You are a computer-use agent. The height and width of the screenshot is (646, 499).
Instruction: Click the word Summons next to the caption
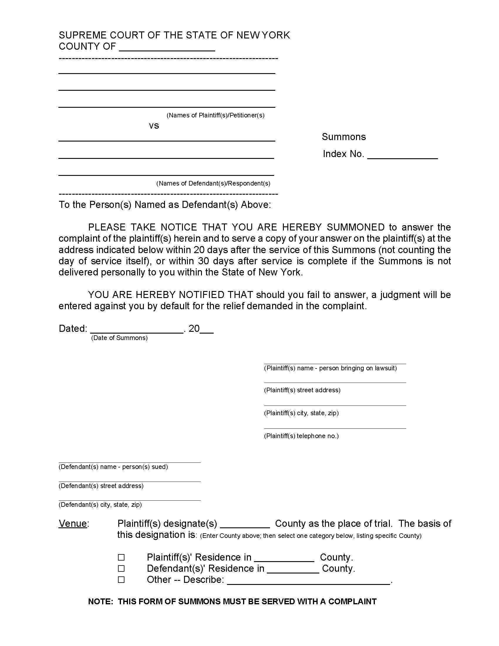343,137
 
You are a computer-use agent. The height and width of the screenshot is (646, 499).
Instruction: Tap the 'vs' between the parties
154,126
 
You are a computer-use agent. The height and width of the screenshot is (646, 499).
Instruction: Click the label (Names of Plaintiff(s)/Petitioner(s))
215,115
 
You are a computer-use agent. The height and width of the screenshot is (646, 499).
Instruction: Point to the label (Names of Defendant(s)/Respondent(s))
213,184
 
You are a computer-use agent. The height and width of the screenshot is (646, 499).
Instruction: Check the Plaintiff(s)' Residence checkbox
121,557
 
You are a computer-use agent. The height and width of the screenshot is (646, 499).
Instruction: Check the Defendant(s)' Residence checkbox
121,568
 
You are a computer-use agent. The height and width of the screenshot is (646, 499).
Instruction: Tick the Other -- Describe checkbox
121,580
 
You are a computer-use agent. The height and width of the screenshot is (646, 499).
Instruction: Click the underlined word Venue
73,524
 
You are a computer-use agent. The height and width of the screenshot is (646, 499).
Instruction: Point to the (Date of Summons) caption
119,338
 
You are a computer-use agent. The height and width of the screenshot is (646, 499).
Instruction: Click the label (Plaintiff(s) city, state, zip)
301,413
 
